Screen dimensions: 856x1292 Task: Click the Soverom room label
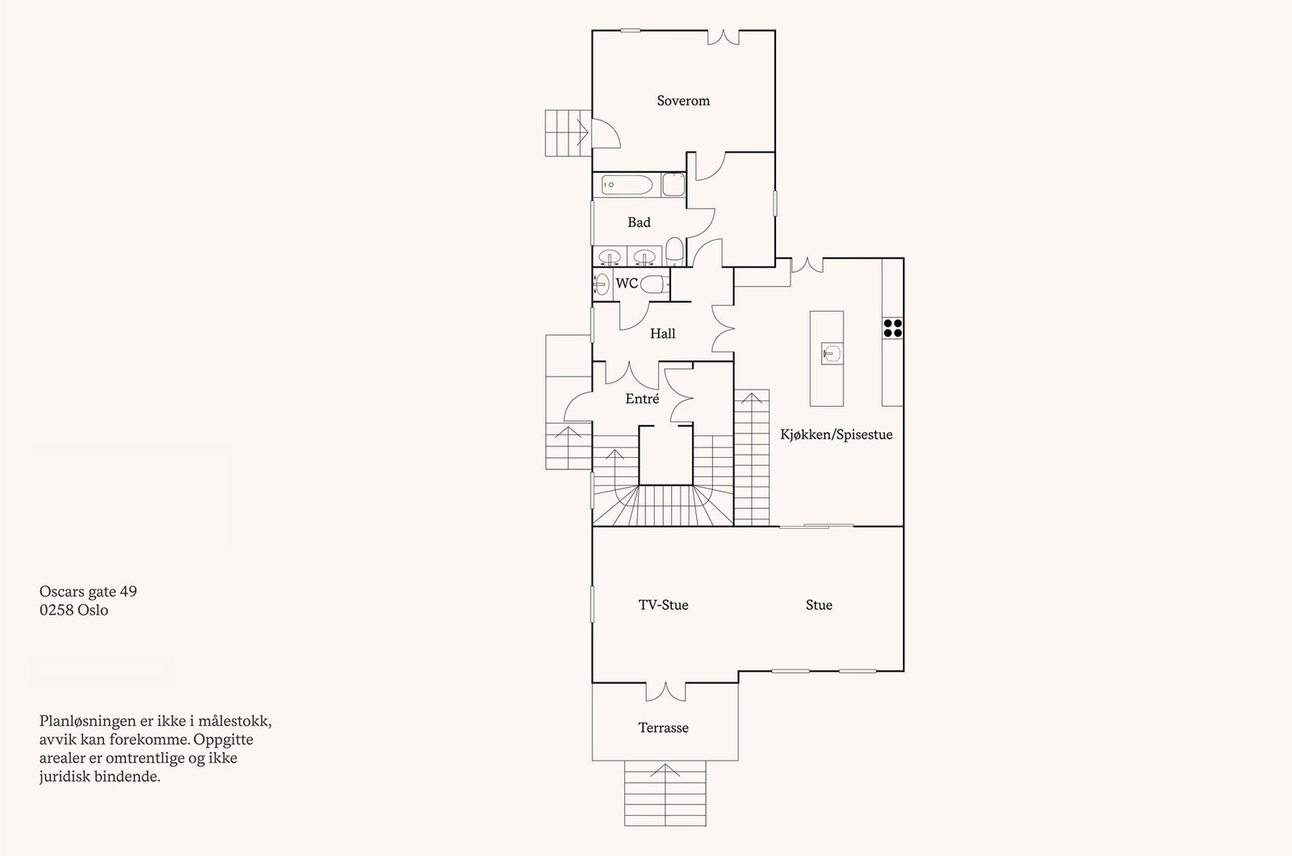coord(683,101)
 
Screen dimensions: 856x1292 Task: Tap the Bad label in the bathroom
coord(639,222)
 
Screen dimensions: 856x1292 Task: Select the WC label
coord(627,283)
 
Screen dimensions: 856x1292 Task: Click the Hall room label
coord(663,333)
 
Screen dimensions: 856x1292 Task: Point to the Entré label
coord(642,399)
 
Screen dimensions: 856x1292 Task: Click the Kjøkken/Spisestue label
coord(836,434)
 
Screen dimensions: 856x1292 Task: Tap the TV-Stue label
coord(663,605)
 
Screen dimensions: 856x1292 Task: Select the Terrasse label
coord(663,728)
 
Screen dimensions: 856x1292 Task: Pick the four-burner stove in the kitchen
coord(892,327)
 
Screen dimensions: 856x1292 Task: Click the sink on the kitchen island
coord(833,353)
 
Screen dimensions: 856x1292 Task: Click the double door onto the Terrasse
coord(666,691)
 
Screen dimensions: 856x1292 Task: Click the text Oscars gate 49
coord(88,591)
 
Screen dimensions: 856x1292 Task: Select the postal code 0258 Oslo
coord(73,611)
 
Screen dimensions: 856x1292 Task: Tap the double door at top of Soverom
coord(724,36)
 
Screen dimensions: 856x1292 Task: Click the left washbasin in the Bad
coord(611,257)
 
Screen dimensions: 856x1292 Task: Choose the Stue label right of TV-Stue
coord(818,605)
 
